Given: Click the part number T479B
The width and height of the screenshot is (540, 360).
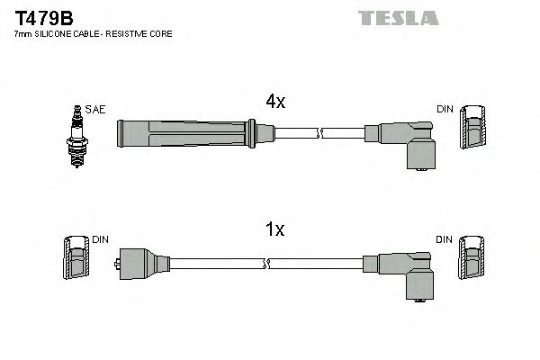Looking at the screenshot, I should click(40, 17).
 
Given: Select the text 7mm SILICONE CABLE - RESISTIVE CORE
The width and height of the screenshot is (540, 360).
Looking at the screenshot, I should click(94, 34).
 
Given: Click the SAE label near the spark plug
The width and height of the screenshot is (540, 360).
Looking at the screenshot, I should click(96, 110).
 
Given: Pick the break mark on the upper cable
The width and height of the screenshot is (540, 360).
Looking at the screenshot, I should click(318, 133).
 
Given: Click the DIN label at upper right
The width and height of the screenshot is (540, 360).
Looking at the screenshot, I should click(445, 110).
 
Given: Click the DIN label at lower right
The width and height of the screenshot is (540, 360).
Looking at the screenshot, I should click(445, 239).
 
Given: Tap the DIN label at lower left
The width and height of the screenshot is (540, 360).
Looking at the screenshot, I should click(100, 239).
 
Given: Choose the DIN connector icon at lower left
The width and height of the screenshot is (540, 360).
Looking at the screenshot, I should click(76, 260).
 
